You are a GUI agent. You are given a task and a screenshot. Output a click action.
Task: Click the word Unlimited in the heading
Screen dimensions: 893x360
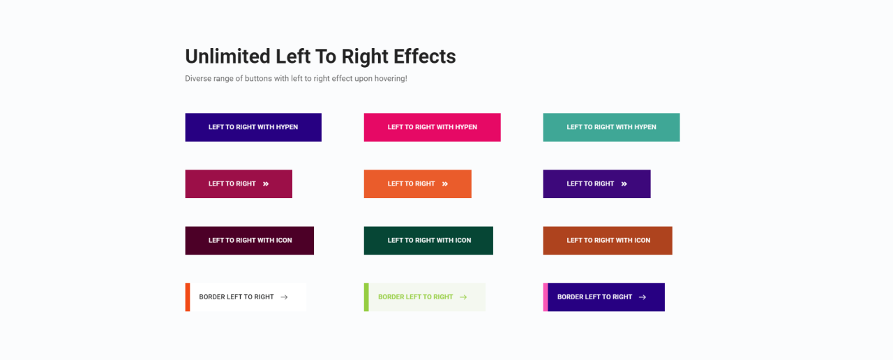coord(227,57)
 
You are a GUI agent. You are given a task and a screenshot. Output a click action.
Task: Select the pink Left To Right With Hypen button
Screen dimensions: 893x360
coord(432,127)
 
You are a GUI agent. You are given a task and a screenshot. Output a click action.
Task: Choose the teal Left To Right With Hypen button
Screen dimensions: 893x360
coord(611,127)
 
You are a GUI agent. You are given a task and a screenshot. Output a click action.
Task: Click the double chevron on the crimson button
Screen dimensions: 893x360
coord(266,183)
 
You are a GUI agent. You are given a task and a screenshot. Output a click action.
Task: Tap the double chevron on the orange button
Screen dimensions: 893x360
coord(445,183)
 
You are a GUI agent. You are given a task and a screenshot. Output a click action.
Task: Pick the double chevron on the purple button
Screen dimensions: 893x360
coord(624,183)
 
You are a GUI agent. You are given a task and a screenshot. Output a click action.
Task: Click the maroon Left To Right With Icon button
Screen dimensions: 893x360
coord(250,241)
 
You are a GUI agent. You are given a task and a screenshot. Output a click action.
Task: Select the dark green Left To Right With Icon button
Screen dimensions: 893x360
coord(428,241)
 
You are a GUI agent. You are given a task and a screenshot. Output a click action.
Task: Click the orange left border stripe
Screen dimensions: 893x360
coord(188,297)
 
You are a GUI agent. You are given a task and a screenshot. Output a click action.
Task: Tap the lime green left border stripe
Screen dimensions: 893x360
coord(366,297)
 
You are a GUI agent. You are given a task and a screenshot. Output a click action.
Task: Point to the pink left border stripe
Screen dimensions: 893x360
coord(546,297)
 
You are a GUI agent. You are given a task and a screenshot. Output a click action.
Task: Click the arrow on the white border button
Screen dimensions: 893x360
coord(284,297)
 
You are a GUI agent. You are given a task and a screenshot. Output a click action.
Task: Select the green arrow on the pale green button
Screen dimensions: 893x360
coord(463,297)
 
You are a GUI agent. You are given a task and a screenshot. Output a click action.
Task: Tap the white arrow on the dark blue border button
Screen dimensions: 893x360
coord(643,297)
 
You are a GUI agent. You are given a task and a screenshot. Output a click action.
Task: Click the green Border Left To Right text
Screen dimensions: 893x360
coord(415,297)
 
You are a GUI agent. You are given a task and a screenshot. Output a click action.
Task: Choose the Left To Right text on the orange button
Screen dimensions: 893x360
coord(411,183)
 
